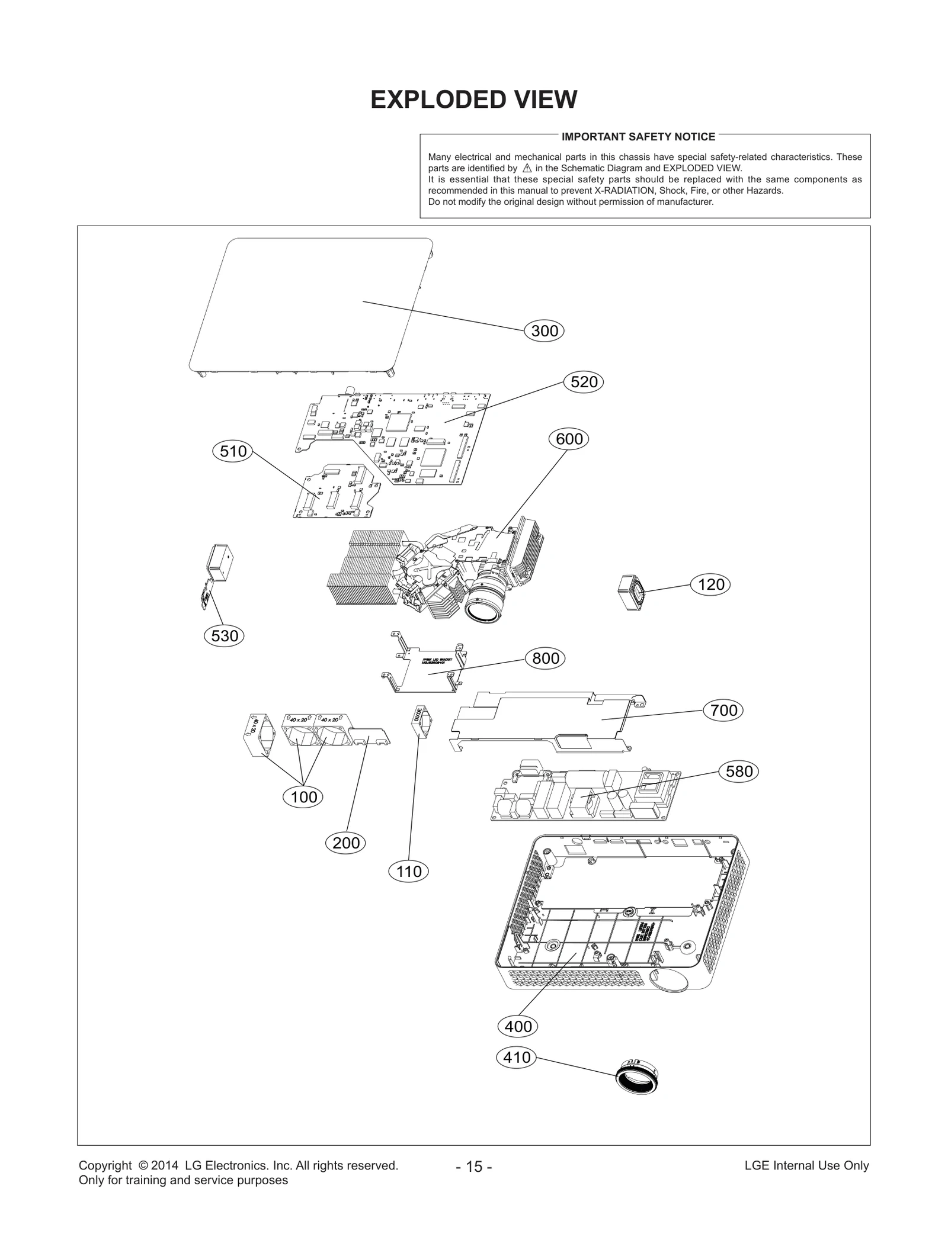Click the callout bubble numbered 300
coord(545,331)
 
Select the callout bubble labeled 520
coord(584,382)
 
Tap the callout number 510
coord(233,452)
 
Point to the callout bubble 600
coord(569,439)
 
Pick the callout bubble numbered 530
coord(225,636)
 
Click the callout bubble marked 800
coord(546,658)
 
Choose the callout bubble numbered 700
coord(723,710)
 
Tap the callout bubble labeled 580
coord(739,771)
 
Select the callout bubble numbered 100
coord(304,797)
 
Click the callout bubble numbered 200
coord(346,843)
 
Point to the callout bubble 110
coord(409,872)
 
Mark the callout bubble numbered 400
coord(518,1026)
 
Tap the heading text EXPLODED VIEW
coord(473,99)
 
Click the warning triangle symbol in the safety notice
coord(527,168)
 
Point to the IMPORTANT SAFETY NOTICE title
coord(638,137)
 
